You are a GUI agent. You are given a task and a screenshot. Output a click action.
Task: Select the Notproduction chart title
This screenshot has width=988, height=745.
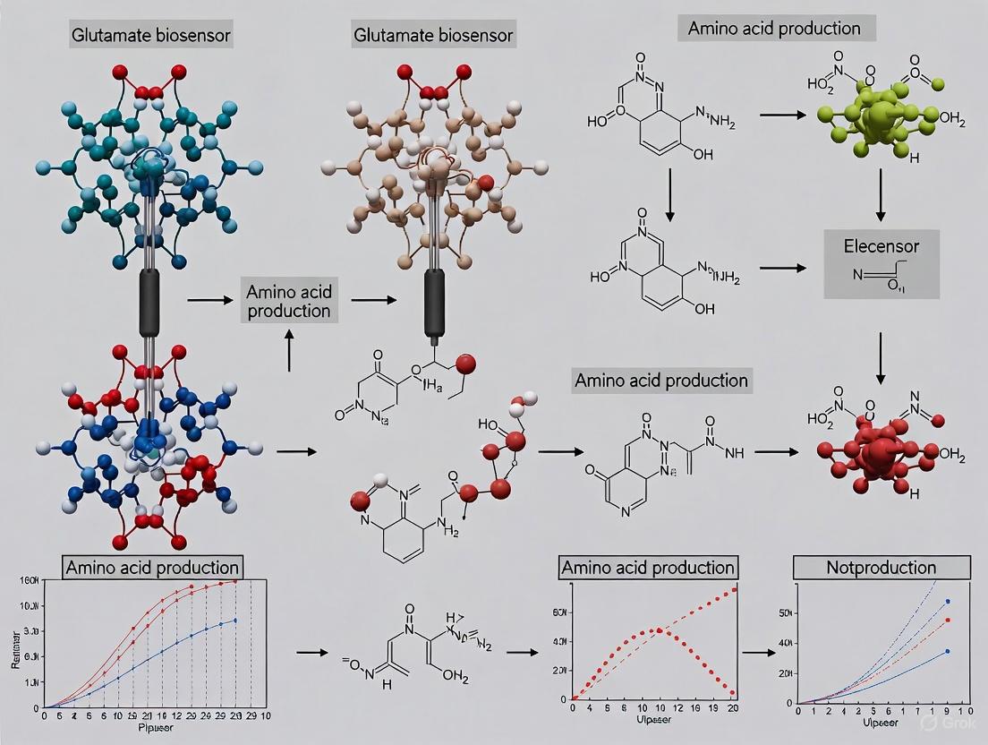(x=882, y=568)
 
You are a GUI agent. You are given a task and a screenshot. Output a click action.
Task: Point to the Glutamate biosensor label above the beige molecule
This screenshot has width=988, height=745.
(x=433, y=36)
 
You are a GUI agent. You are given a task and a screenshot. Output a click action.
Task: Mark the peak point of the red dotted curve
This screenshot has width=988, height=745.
(x=660, y=629)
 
